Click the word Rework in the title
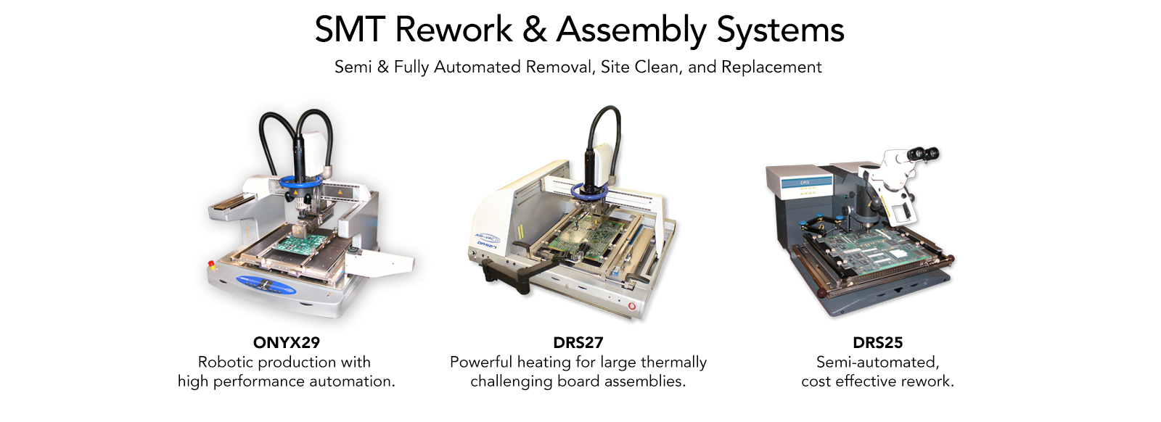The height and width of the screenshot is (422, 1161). (454, 30)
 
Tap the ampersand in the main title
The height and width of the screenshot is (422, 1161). (534, 30)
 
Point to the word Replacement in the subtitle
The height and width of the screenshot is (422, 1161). (771, 67)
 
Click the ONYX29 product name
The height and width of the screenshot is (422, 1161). (287, 342)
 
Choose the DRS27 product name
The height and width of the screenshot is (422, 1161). (578, 342)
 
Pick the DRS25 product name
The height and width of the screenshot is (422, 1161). (877, 342)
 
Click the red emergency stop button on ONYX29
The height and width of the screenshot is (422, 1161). (211, 264)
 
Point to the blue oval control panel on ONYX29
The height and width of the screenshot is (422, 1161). (266, 284)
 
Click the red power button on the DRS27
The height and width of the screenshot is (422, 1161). (632, 306)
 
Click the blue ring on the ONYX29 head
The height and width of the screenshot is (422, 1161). (300, 182)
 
